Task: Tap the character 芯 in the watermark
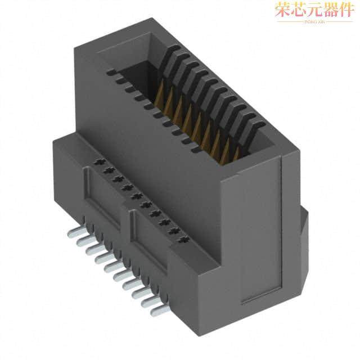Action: click(x=298, y=11)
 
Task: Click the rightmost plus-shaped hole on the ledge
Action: click(x=182, y=241)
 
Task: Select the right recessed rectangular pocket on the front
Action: click(x=151, y=239)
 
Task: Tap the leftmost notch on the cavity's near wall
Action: click(x=110, y=73)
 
